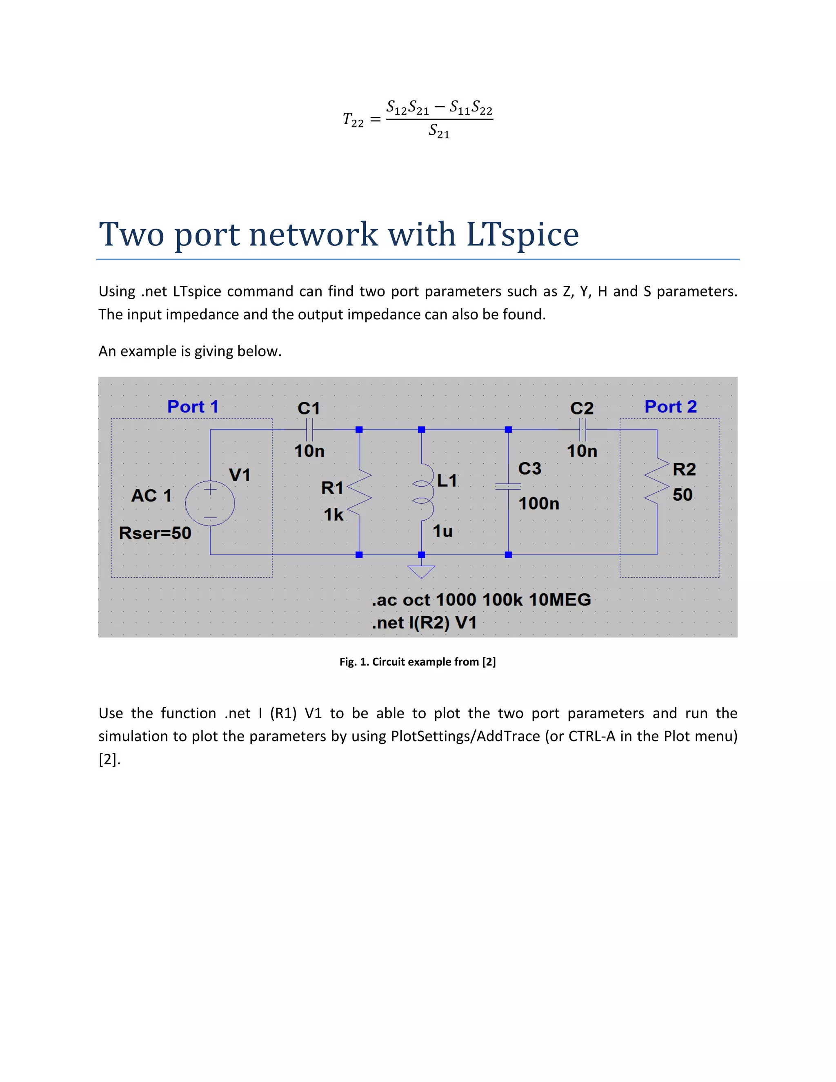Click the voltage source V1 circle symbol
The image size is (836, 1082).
pos(210,503)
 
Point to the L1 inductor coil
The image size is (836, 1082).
pos(423,492)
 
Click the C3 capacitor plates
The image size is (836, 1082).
pos(508,487)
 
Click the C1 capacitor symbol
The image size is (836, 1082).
pos(309,430)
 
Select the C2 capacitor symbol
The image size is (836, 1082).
pos(583,430)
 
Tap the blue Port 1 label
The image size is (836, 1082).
pos(193,407)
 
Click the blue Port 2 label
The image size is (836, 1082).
pos(671,407)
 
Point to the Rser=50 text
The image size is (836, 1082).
pos(155,533)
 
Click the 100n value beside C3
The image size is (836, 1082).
pos(539,504)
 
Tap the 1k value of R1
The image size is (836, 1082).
pos(334,515)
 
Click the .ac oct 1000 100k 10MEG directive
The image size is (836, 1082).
pos(481,600)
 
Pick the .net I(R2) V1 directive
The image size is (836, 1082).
pos(425,623)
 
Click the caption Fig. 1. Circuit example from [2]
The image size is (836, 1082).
pos(418,662)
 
